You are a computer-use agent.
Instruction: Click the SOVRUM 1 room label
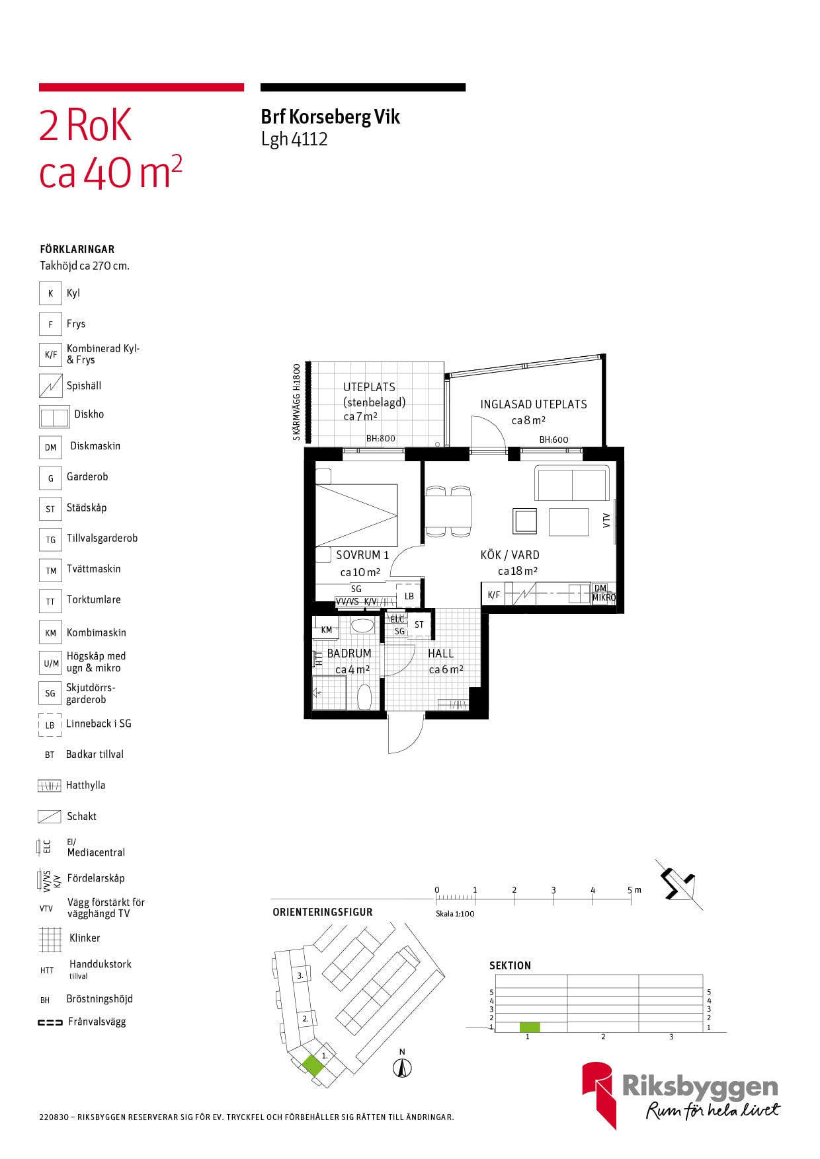(362, 555)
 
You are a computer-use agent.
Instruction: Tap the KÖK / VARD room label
(510, 555)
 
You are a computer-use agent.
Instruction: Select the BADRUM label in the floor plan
(349, 654)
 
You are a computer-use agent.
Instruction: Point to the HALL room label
(440, 654)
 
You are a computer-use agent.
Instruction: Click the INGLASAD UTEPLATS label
(534, 404)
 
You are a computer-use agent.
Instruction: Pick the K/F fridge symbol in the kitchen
(493, 595)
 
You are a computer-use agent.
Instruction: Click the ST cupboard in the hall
(419, 624)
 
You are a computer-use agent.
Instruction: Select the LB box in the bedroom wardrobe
(409, 595)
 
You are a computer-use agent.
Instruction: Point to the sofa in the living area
(572, 484)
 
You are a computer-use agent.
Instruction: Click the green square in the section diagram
(530, 1027)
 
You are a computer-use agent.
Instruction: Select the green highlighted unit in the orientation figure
(313, 1065)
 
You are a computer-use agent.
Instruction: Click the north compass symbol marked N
(402, 1066)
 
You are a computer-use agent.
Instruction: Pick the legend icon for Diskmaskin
(51, 447)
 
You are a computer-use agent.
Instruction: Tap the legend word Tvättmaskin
(94, 569)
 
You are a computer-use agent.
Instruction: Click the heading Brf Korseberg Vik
(331, 117)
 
